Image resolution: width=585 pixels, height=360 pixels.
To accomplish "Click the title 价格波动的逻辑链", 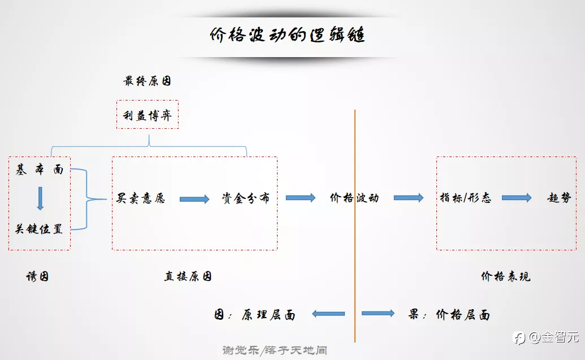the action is point(287,35).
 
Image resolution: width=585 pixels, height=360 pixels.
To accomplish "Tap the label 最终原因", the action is point(148,81).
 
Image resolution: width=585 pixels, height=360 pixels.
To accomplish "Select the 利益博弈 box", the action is point(148,115).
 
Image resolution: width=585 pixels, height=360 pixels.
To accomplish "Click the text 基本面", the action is point(40,170).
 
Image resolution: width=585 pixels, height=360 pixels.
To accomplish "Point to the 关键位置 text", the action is point(39,229).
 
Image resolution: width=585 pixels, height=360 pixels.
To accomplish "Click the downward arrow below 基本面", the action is point(40,198).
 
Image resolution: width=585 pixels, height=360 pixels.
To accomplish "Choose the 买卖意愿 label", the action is point(141,198).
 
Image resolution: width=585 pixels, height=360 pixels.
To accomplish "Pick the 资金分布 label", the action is point(245,198).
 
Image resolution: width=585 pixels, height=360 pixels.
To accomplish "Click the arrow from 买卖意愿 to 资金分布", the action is point(194,199).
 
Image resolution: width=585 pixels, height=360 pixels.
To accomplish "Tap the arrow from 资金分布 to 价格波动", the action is point(301,198).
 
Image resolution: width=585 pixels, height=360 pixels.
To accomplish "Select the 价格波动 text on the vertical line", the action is point(354,198).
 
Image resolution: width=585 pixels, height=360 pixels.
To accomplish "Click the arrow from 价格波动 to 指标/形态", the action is point(409,198).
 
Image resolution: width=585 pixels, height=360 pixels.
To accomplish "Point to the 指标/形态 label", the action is point(466,198).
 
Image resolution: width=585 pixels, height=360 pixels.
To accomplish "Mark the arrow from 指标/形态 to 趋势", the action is point(517,198).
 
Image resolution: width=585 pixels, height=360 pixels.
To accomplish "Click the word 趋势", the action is point(559,198).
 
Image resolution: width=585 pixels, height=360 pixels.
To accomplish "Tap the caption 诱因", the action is point(37,276).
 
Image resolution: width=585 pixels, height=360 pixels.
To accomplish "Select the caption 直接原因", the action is point(188,276).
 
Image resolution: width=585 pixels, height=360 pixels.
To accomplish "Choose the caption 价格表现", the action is point(505,276).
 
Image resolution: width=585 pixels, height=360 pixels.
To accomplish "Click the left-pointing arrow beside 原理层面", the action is point(328,314).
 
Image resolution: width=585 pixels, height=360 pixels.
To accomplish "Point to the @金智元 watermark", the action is point(545,337).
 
